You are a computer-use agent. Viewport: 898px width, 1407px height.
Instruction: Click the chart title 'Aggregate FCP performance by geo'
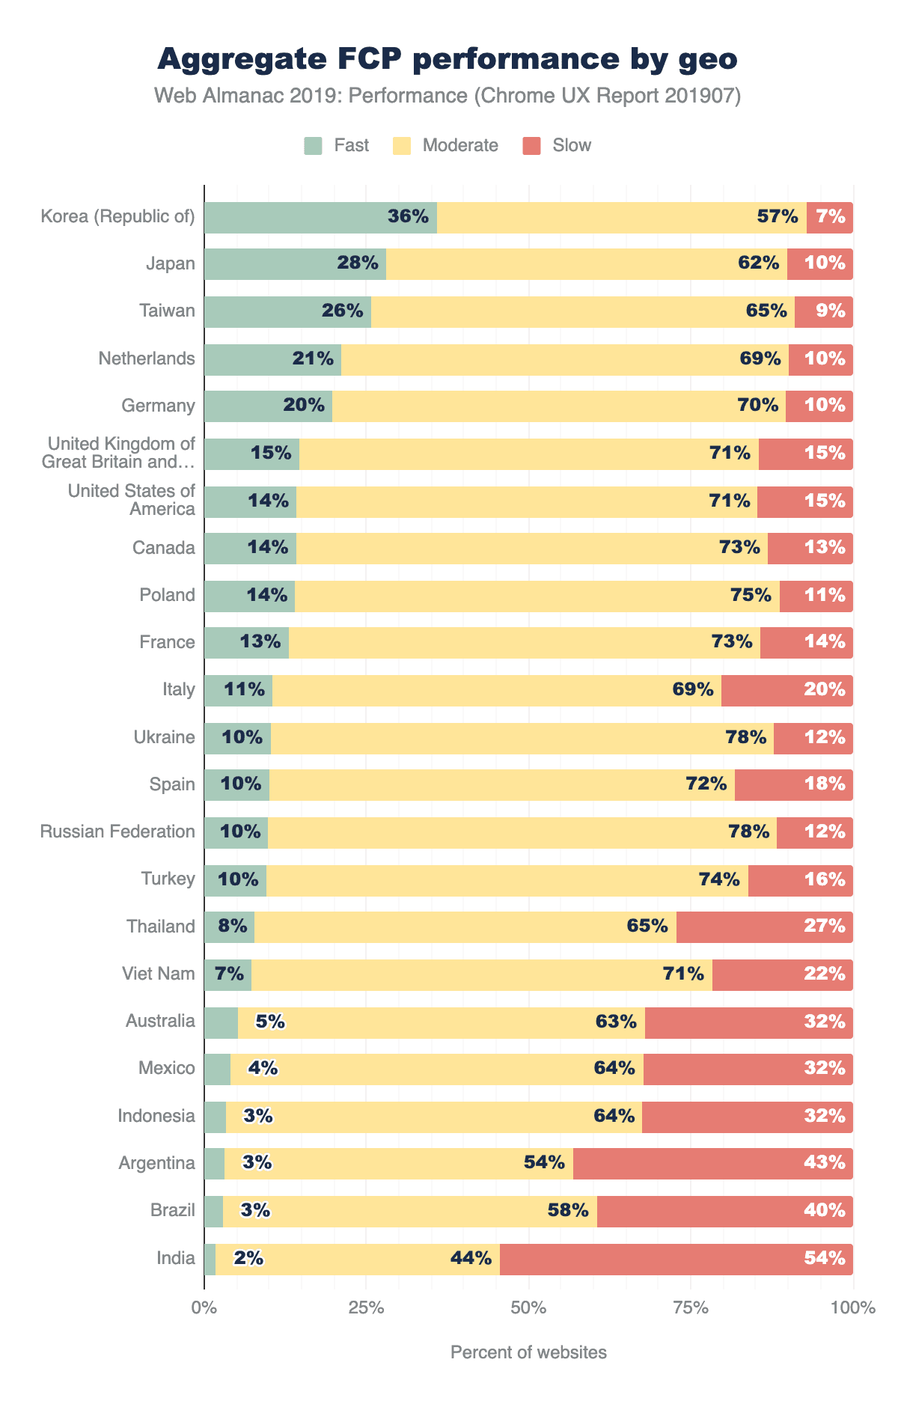(x=448, y=60)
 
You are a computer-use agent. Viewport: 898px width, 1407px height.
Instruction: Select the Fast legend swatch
(x=313, y=145)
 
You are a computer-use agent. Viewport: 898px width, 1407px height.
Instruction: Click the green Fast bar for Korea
(x=299, y=218)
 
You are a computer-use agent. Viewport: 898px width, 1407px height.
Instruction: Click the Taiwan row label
(x=167, y=311)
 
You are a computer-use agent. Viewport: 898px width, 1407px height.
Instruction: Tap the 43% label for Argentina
(x=825, y=1163)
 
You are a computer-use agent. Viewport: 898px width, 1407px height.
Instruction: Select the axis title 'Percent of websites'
(x=528, y=1352)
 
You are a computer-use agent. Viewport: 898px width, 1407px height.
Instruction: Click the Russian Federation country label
(x=118, y=831)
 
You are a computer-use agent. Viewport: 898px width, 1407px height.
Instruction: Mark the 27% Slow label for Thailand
(x=825, y=927)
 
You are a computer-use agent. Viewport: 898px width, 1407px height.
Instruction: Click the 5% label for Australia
(x=270, y=1022)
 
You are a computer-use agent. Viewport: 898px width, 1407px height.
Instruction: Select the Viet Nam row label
(x=159, y=974)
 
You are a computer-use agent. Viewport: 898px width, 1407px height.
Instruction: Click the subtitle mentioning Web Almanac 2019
(x=448, y=97)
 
